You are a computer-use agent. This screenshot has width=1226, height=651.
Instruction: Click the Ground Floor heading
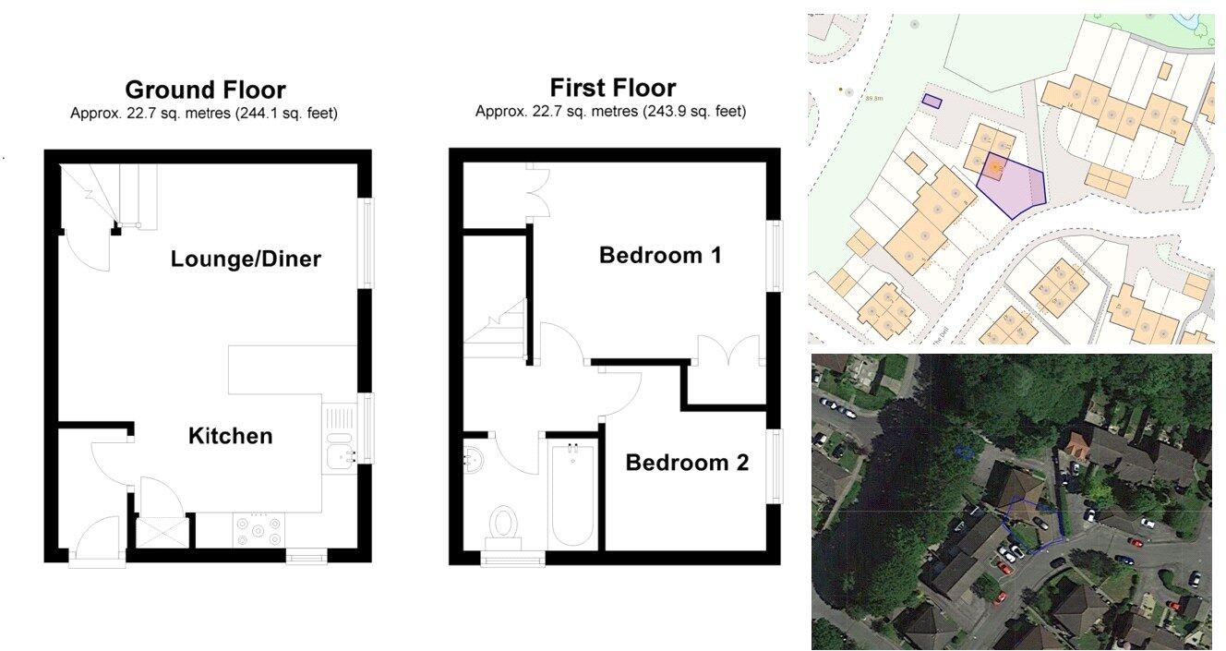pyautogui.click(x=205, y=90)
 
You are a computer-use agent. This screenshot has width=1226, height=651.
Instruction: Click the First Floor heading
pyautogui.click(x=612, y=88)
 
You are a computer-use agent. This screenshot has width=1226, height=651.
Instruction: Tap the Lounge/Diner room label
pyautogui.click(x=246, y=259)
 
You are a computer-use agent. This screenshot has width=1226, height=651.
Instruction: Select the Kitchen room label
pyautogui.click(x=230, y=436)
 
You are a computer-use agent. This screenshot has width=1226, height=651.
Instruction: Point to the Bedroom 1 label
pyautogui.click(x=660, y=255)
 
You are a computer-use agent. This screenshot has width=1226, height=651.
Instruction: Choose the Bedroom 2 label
pyautogui.click(x=687, y=463)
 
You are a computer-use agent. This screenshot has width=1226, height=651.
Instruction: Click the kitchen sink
pyautogui.click(x=340, y=452)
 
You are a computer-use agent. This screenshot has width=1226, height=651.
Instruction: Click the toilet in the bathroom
pyautogui.click(x=504, y=524)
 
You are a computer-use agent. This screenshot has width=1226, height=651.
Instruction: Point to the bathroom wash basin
pyautogui.click(x=473, y=457)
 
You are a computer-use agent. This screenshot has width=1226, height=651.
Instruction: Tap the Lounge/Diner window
pyautogui.click(x=367, y=243)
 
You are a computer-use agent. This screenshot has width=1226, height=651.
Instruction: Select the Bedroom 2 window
pyautogui.click(x=774, y=466)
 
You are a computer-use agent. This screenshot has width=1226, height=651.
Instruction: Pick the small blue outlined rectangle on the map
pyautogui.click(x=932, y=101)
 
